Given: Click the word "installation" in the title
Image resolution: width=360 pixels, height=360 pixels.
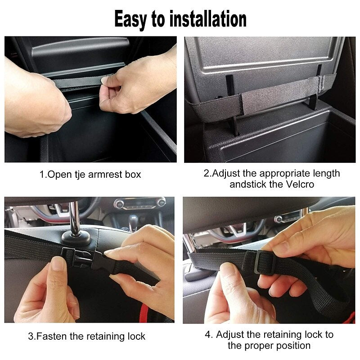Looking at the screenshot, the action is tap(208, 19).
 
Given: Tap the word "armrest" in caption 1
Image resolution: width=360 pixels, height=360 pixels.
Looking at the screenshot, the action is tap(105, 175).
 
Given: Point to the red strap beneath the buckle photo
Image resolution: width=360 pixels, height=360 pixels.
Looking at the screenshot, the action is tap(144, 313).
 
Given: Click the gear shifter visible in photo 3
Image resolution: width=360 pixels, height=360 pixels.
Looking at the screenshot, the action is tap(133, 221).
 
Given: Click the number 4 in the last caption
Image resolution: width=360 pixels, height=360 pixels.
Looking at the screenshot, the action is tap(209, 335).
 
